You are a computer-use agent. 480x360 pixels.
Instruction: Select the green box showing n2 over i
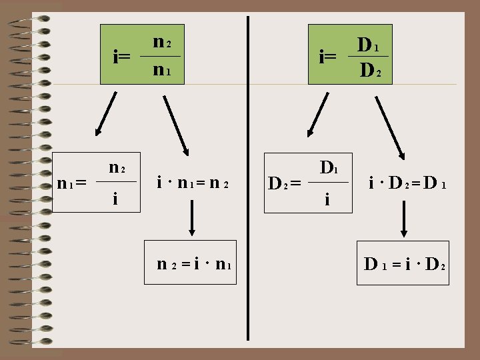(119, 180)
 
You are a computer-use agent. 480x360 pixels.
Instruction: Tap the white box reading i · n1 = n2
(191, 181)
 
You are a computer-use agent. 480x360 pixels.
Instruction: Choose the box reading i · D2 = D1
(406, 181)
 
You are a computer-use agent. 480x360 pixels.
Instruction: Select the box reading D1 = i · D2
(404, 264)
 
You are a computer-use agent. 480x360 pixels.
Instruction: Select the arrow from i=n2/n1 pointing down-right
(176, 124)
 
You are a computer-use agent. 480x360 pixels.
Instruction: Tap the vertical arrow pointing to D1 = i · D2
(404, 221)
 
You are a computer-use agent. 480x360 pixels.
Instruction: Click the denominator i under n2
(117, 198)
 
